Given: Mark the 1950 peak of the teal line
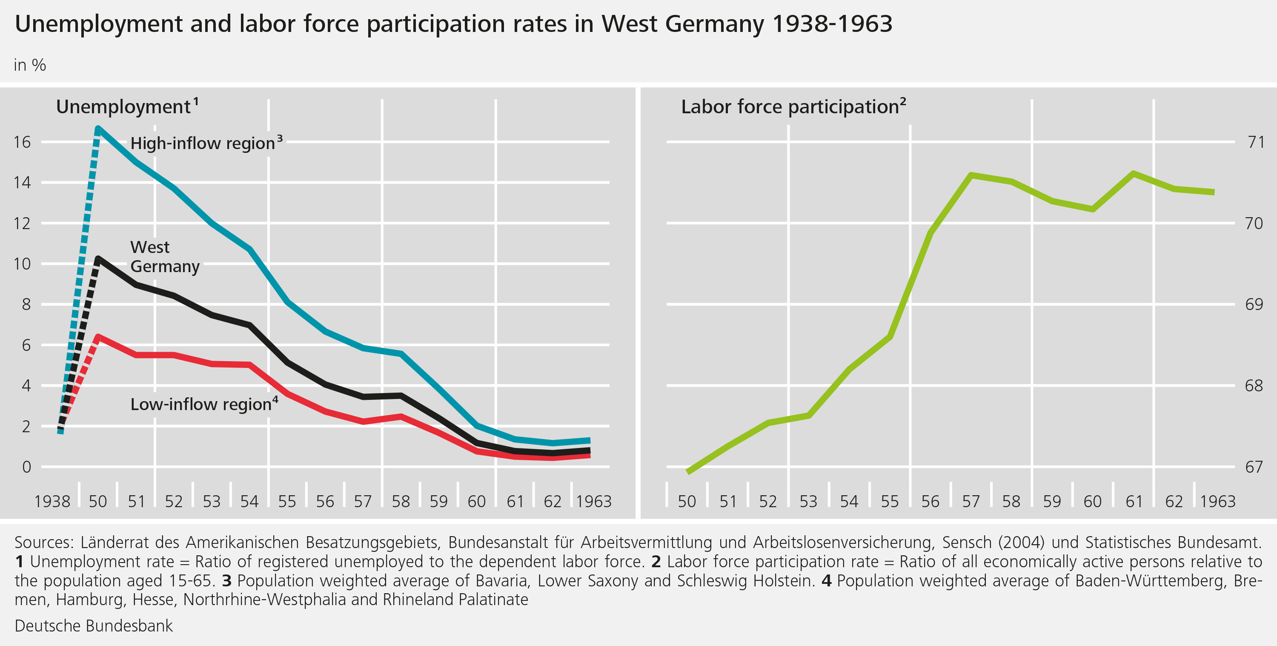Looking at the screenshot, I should pos(98,129).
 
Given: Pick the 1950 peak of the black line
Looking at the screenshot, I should pos(98,259).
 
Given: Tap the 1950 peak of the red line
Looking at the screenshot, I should pos(98,337).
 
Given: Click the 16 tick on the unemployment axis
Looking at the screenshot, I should pos(22,142).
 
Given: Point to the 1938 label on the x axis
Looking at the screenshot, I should pos(52,502).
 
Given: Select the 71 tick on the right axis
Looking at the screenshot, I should pos(1256,142).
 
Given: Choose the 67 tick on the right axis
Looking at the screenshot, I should pos(1254,467).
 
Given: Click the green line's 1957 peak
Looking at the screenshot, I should pos(971,175).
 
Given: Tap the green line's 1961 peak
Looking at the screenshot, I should pos(1133,173).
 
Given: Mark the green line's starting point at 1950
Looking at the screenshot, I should pos(688,471).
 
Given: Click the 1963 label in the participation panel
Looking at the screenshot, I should pos(1217,502).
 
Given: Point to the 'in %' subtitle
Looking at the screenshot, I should pos(30,66).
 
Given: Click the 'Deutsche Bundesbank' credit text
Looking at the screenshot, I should pos(94,626).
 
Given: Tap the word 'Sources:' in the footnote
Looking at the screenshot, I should pos(44,543).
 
